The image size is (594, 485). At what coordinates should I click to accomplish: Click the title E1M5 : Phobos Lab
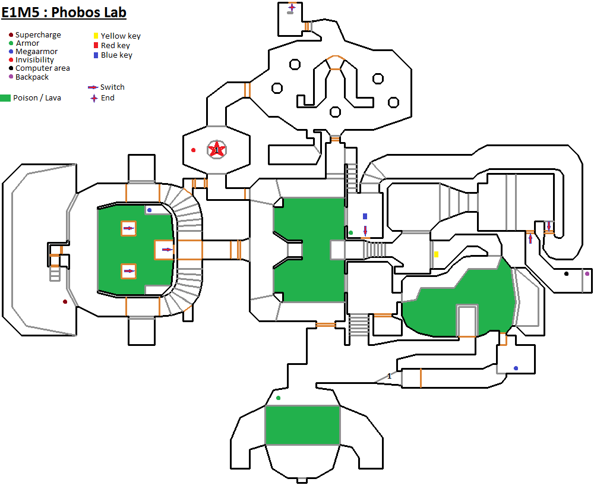coord(64,12)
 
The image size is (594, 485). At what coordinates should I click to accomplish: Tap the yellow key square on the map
coord(437,254)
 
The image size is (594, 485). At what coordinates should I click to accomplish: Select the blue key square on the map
coord(365,216)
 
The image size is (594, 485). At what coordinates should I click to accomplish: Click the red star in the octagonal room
coord(217,150)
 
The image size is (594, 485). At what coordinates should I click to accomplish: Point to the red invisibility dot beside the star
coord(194,150)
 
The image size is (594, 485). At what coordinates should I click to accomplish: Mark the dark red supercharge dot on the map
coord(65,302)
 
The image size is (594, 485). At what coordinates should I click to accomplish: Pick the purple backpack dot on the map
coord(587,274)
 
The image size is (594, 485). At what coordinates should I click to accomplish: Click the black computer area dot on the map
coord(566,274)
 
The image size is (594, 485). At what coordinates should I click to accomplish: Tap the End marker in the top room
coord(292,7)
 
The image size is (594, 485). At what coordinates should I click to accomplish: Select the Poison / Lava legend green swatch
coord(5,98)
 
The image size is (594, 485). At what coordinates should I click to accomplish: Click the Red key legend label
coord(116,46)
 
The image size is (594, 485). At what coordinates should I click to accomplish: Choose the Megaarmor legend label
coord(36,52)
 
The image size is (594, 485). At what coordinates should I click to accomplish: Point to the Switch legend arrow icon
coord(93,87)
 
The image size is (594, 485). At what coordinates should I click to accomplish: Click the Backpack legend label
coord(32,77)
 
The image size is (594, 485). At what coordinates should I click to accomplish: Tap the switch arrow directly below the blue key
coord(365,231)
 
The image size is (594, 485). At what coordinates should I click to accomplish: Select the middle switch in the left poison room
coord(167,250)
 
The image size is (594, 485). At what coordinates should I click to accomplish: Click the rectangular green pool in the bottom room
coord(302,425)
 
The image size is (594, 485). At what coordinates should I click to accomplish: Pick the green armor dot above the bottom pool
coord(279,398)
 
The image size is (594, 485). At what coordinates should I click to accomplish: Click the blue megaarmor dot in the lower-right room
coord(516,368)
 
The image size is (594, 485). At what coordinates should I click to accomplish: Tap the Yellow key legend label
coord(121,36)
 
